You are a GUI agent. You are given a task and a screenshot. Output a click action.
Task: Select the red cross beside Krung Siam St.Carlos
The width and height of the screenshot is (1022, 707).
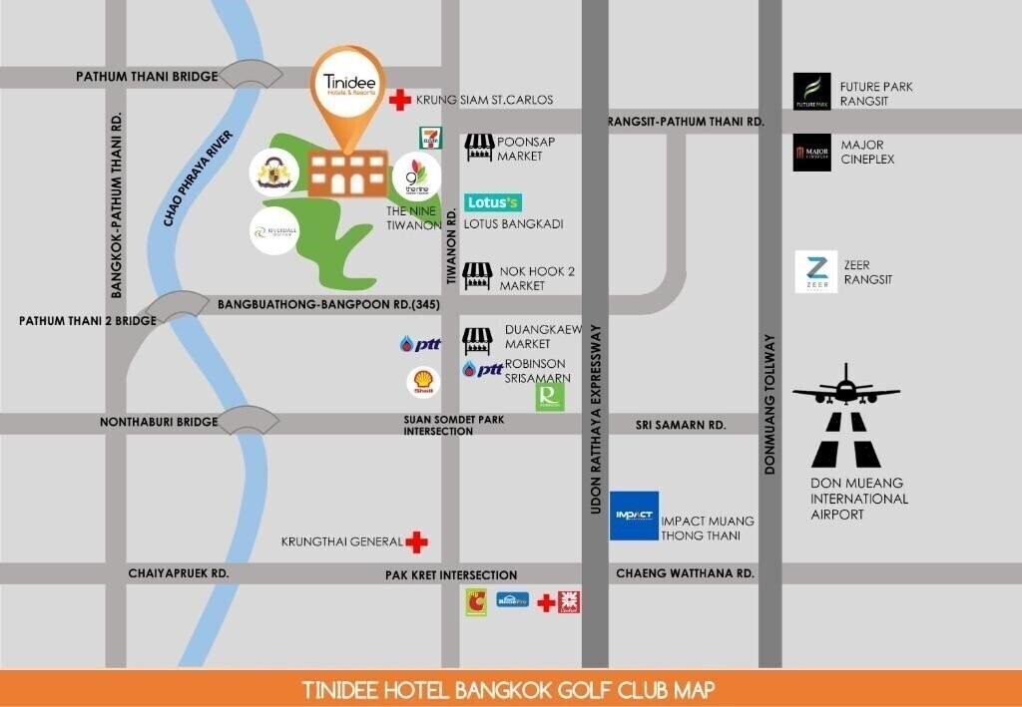pos(400,99)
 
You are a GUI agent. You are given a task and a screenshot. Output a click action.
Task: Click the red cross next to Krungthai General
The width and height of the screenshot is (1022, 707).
pos(416,542)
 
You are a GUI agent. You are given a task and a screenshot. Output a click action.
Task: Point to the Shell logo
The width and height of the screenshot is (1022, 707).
pos(423,382)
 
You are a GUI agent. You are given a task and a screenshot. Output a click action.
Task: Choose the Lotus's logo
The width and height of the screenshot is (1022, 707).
pos(493,202)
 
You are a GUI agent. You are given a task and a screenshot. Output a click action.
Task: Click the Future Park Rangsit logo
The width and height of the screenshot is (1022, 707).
pos(811,92)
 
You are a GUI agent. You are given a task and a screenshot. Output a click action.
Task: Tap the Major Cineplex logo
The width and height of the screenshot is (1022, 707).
pos(811,153)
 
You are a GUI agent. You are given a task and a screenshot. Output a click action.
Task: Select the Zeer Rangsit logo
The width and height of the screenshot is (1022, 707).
pos(815,272)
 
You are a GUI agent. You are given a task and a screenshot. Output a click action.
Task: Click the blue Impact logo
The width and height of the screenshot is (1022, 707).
pos(634,516)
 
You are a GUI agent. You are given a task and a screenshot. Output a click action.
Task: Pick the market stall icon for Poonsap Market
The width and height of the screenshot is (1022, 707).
pos(479,149)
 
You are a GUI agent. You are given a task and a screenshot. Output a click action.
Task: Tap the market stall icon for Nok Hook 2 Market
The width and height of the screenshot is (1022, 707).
pos(478,276)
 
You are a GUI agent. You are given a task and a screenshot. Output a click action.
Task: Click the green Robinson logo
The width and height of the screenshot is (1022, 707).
pos(549,396)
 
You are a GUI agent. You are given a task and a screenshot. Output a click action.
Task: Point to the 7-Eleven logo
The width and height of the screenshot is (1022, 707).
pos(427,138)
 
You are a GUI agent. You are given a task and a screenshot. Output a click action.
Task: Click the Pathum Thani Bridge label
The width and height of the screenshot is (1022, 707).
pos(147,77)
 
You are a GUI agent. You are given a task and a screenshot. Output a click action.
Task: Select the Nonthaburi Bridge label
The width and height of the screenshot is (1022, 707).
pos(159,422)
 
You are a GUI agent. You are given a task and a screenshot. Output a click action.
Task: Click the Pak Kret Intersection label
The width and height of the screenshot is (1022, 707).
pos(451,575)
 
